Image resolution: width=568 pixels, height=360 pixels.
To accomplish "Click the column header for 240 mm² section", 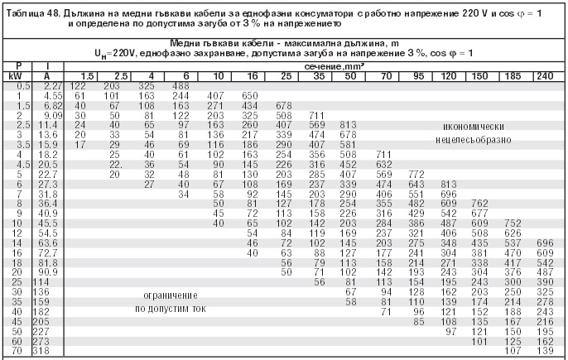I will point(544,76).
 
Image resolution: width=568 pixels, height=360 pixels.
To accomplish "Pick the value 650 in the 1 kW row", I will point(251,96).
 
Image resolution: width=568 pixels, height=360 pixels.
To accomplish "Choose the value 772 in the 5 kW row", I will point(416,175).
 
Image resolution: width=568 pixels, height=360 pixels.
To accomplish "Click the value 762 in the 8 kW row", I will point(479,204).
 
